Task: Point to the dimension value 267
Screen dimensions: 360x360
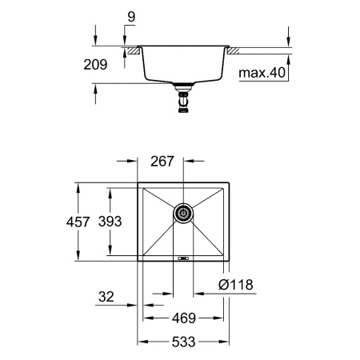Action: point(163,161)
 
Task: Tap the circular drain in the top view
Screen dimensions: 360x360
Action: point(184,213)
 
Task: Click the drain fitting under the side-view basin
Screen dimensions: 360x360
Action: point(184,101)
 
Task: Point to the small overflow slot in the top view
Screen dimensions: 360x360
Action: point(183,258)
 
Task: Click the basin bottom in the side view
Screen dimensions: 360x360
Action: point(184,80)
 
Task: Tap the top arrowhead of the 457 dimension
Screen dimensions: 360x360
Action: point(78,184)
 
